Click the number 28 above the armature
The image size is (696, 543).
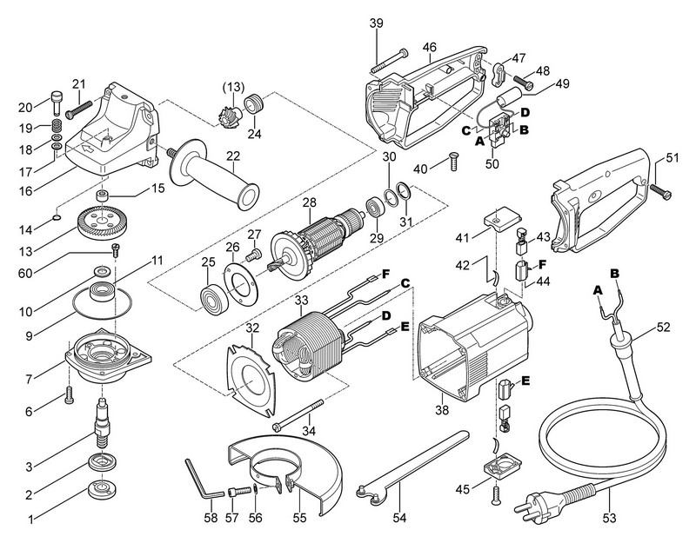pos(307,202)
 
